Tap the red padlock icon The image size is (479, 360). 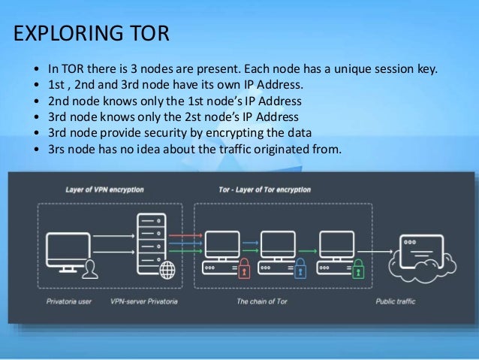point(244,268)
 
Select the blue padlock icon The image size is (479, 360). point(300,268)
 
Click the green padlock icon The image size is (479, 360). point(358,268)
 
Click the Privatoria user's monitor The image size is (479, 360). point(68,249)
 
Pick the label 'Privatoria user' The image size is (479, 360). point(70,302)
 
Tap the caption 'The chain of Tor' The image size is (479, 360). point(263,302)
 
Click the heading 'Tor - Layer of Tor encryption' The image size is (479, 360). point(264,190)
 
